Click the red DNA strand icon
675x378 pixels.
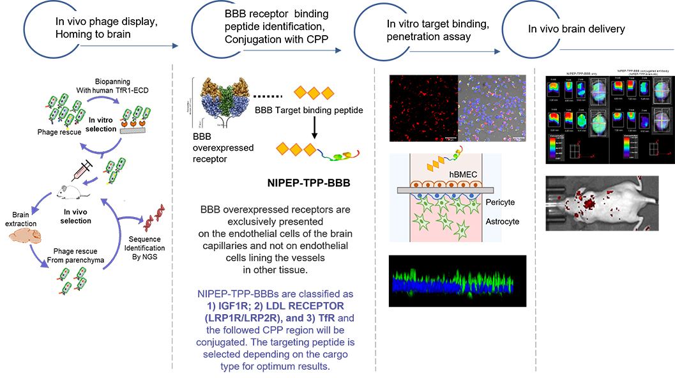click(x=154, y=221)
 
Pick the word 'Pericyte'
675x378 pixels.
click(x=499, y=202)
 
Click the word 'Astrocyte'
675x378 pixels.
click(x=501, y=222)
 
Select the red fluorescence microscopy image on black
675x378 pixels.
click(x=423, y=108)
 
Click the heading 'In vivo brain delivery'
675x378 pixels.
click(x=576, y=29)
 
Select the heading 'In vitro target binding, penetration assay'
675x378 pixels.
click(x=429, y=30)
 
